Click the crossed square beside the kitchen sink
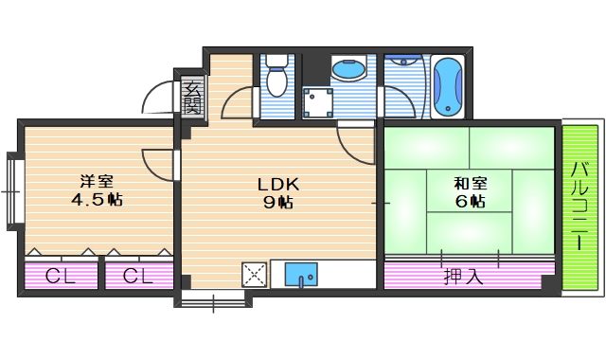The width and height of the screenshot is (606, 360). point(256,275)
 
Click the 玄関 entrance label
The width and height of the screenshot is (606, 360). point(192,98)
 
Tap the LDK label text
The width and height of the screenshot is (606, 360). point(278,184)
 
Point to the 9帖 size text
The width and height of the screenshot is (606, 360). point(278,202)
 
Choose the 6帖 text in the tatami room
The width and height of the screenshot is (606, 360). point(471,202)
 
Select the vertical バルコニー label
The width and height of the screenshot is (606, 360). point(580,207)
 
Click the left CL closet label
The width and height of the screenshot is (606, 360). point(61,278)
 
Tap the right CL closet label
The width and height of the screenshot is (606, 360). point(138,278)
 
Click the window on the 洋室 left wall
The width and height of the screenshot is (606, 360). point(11,189)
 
